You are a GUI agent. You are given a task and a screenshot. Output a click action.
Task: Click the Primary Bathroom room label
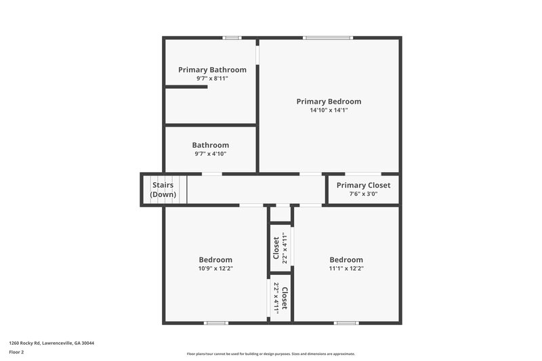coord(212,70)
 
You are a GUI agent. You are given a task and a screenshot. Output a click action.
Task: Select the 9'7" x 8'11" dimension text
coord(212,79)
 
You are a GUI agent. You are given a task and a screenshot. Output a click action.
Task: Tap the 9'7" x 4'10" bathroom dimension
coord(210,154)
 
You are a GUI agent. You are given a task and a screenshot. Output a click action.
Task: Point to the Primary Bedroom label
coord(329,102)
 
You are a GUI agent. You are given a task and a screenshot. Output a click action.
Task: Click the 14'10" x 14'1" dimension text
coord(329,110)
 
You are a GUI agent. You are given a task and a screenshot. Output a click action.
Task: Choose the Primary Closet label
coord(363,186)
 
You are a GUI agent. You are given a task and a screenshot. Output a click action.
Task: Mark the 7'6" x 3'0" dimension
coord(363,194)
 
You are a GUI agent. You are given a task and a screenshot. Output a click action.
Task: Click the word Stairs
coord(163,185)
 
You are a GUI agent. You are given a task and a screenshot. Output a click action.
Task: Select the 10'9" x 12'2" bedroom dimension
coord(215,268)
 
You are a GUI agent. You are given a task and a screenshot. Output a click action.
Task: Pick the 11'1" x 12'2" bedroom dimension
coord(346,268)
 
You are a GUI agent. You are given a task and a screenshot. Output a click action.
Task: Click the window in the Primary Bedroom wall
coord(328,38)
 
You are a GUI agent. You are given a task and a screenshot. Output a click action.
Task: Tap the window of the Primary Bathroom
coord(232,38)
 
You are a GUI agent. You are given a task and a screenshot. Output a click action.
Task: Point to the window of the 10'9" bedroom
coord(215,322)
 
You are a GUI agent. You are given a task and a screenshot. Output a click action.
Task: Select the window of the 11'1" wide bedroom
coord(346,322)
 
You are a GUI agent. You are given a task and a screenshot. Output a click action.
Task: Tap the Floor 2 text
coord(16,352)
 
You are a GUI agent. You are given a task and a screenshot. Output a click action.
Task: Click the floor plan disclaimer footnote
coord(270,354)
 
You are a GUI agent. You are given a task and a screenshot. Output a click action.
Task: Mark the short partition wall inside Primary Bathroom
coord(186,87)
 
